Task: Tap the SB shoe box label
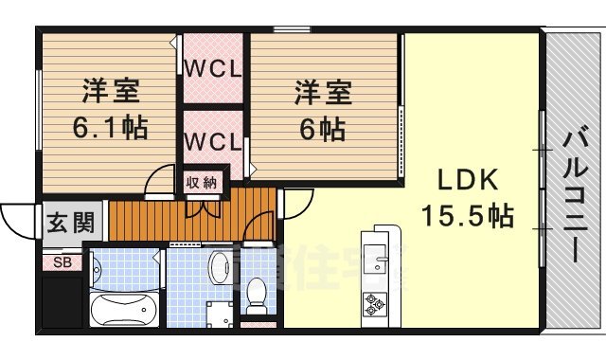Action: click(62, 261)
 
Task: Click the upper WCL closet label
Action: click(213, 69)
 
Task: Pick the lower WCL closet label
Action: click(213, 141)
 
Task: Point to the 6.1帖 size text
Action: click(110, 127)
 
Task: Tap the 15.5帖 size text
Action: click(471, 216)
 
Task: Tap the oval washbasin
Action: click(219, 268)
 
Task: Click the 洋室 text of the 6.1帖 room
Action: click(110, 93)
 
